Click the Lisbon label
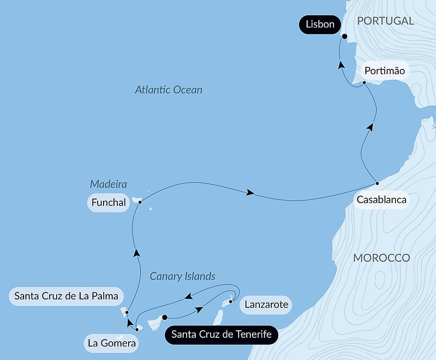click(320, 24)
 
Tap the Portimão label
click(385, 71)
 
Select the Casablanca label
click(381, 200)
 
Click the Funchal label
click(109, 202)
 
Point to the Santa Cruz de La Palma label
click(66, 296)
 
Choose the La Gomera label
click(112, 343)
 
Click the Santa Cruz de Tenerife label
click(221, 335)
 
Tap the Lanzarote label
click(266, 304)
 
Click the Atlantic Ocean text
click(169, 90)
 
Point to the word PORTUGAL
click(385, 21)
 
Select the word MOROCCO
click(381, 258)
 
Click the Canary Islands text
click(183, 276)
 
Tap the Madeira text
click(109, 184)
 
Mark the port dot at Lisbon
click(344, 37)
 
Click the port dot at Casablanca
click(377, 183)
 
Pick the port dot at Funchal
click(140, 202)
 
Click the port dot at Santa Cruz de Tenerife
click(165, 318)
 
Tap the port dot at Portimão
click(364, 82)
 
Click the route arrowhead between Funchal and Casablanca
click(250, 192)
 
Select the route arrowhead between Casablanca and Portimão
click(370, 127)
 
